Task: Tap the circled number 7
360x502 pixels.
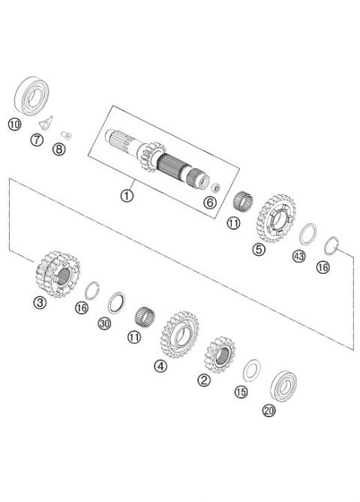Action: point(36,140)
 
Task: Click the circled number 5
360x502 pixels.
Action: point(259,250)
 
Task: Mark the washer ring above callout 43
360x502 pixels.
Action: point(307,234)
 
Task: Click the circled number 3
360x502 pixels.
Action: point(39,302)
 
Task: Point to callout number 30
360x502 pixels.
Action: point(104,323)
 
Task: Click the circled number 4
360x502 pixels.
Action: point(160,366)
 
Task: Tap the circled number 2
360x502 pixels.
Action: point(203,380)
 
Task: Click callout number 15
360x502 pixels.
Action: point(241,392)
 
